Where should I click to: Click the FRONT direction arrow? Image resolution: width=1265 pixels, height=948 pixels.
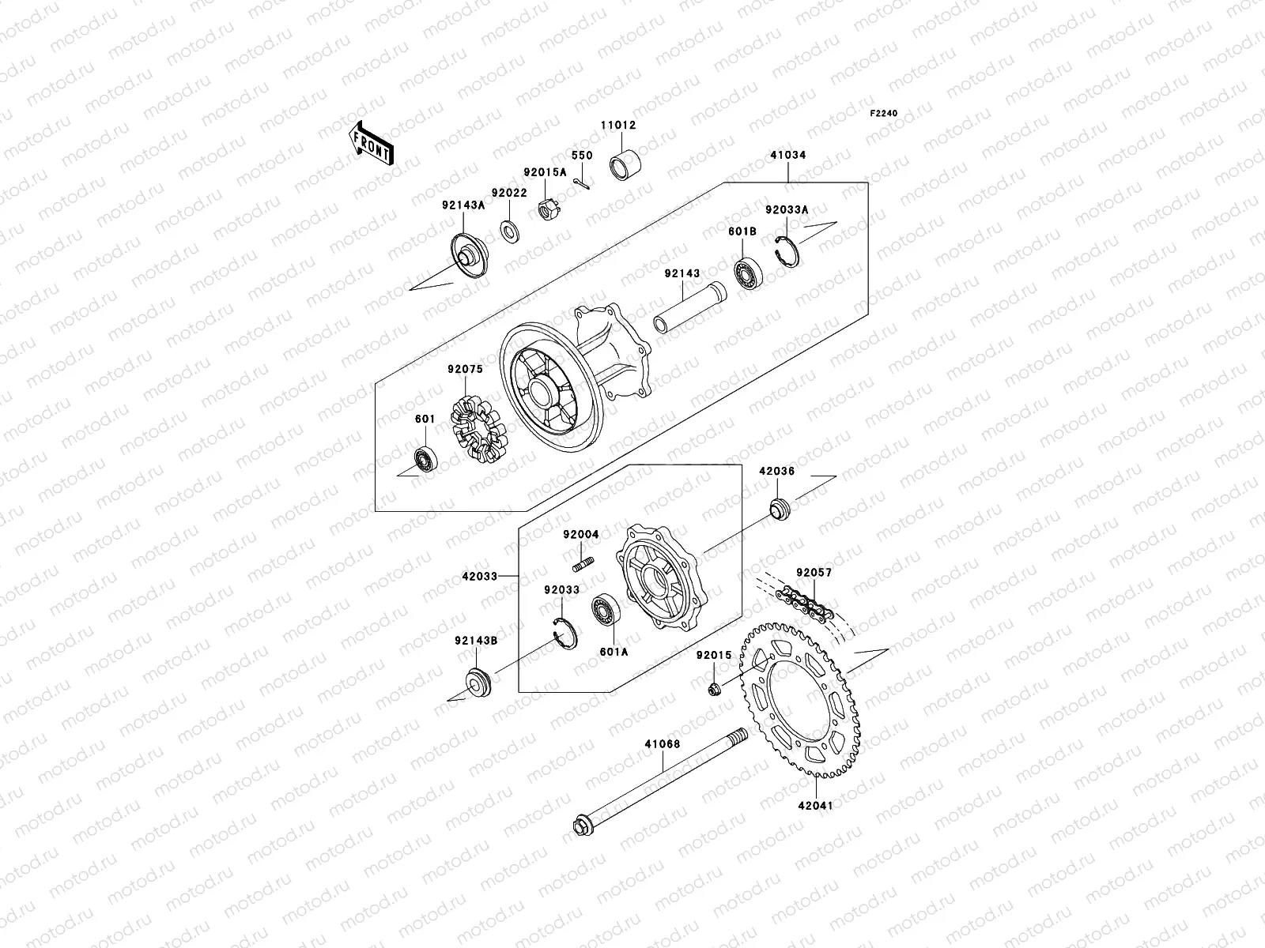tap(383, 144)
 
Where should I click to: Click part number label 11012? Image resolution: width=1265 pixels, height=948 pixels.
tap(617, 125)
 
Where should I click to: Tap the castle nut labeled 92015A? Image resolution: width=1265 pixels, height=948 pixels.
tap(545, 209)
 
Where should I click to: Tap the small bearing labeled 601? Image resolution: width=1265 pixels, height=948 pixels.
tap(426, 459)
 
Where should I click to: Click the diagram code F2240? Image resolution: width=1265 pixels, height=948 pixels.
tap(884, 114)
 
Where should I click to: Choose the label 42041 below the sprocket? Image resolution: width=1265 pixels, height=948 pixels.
tap(815, 806)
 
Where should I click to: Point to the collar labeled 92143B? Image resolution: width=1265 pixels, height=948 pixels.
tap(478, 681)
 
